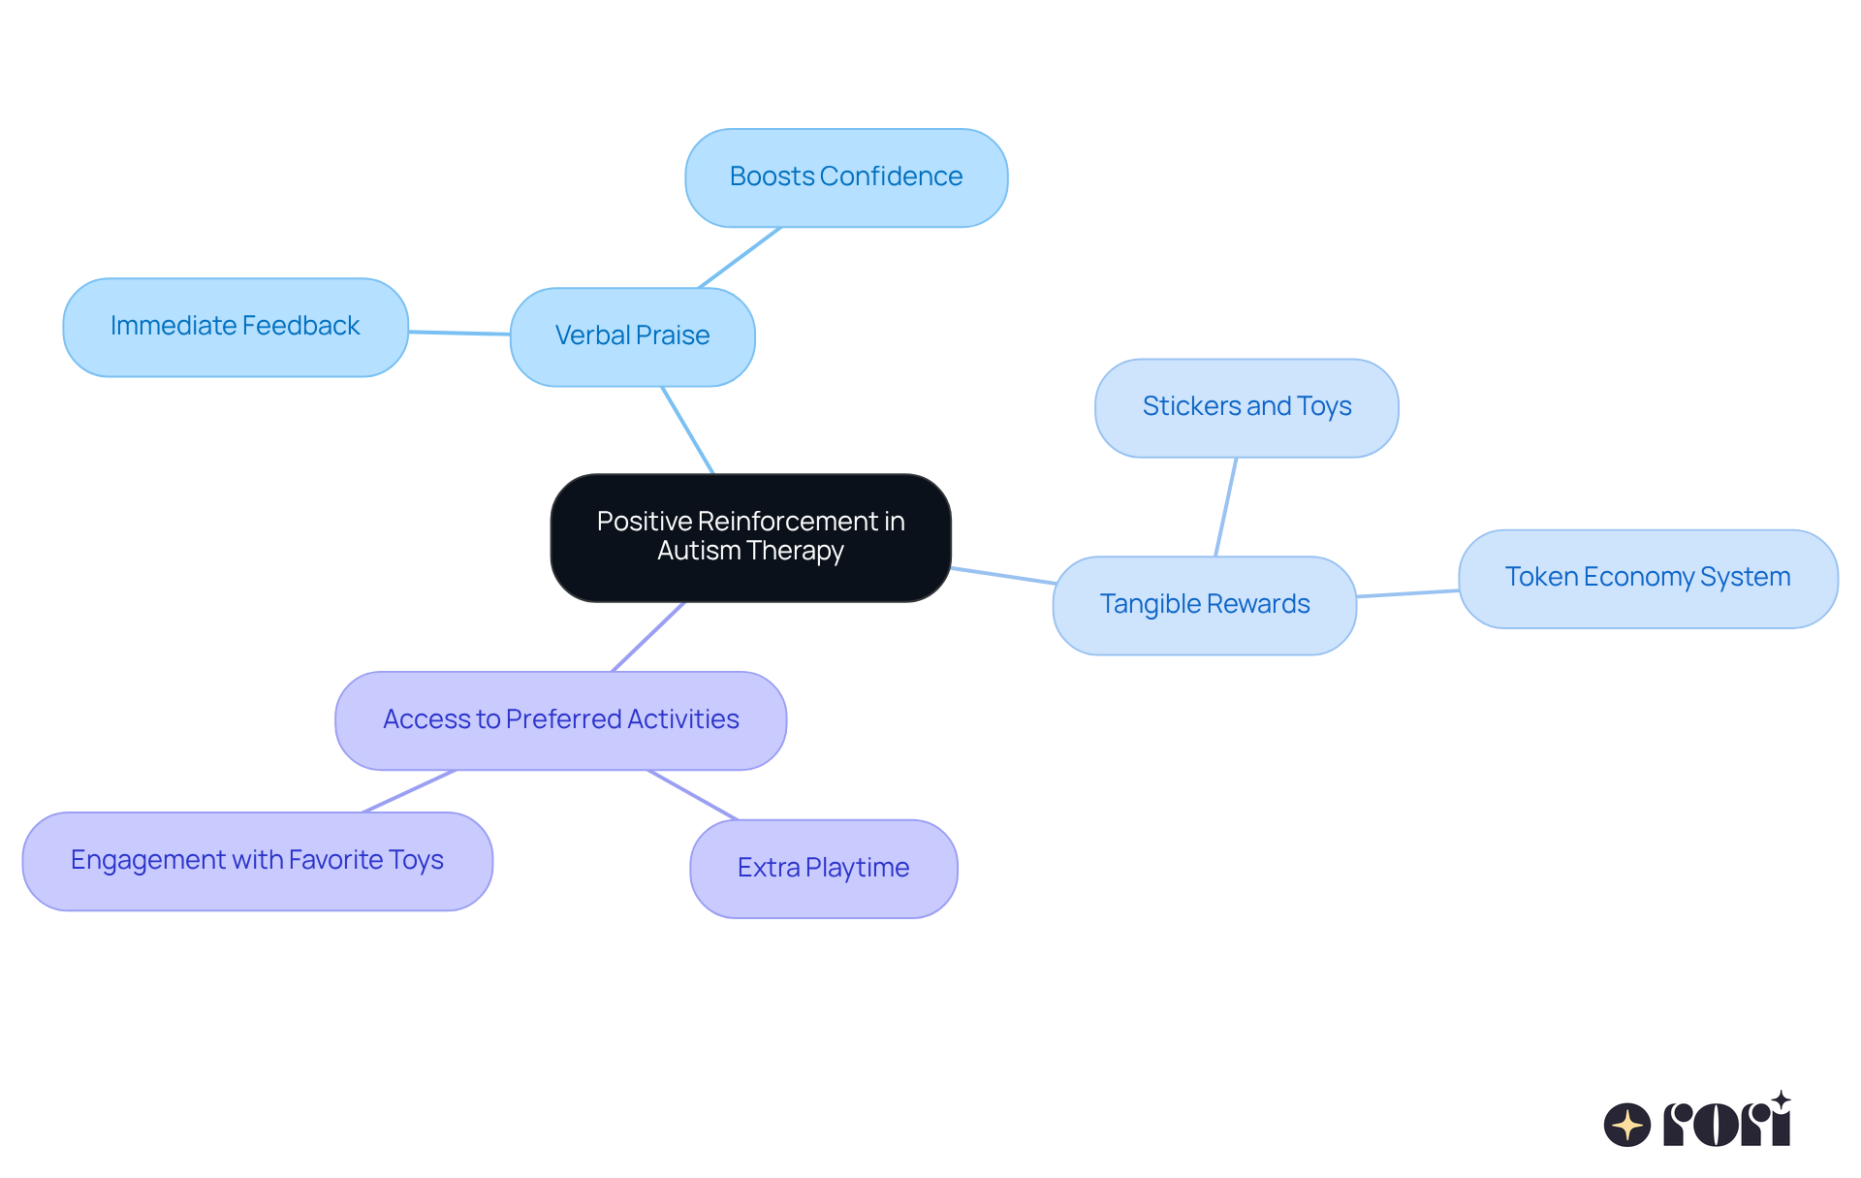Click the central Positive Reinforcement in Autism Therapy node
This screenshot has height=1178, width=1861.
pyautogui.click(x=750, y=537)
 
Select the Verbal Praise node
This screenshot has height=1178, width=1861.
pyautogui.click(x=632, y=336)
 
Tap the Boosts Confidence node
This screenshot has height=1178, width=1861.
pyautogui.click(x=845, y=177)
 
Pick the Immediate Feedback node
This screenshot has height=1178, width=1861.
pyautogui.click(x=235, y=327)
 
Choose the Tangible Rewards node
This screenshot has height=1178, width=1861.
pyautogui.click(x=1204, y=605)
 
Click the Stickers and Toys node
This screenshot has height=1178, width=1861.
pyautogui.click(x=1246, y=407)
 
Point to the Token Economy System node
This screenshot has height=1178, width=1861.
pyautogui.click(x=1648, y=578)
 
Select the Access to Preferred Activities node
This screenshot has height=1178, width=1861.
pyautogui.click(x=560, y=720)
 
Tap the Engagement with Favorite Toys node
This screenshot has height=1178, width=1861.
pyautogui.click(x=257, y=861)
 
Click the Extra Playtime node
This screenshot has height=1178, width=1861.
pyautogui.click(x=823, y=869)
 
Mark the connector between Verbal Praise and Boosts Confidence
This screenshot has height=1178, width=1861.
pyautogui.click(x=740, y=258)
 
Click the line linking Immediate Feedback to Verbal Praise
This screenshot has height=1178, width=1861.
pyautogui.click(x=459, y=333)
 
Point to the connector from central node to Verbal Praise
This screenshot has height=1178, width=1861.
pyautogui.click(x=687, y=430)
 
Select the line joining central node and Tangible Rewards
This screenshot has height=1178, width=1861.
pyautogui.click(x=1002, y=575)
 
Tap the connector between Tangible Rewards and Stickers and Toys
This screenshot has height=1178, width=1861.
pyautogui.click(x=1226, y=506)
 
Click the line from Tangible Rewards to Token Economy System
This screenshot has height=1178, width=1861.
pyautogui.click(x=1407, y=593)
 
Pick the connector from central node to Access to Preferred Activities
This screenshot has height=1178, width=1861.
pyautogui.click(x=648, y=636)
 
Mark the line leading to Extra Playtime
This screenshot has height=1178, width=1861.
pyautogui.click(x=693, y=795)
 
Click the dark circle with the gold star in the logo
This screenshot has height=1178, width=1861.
pyautogui.click(x=1626, y=1125)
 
